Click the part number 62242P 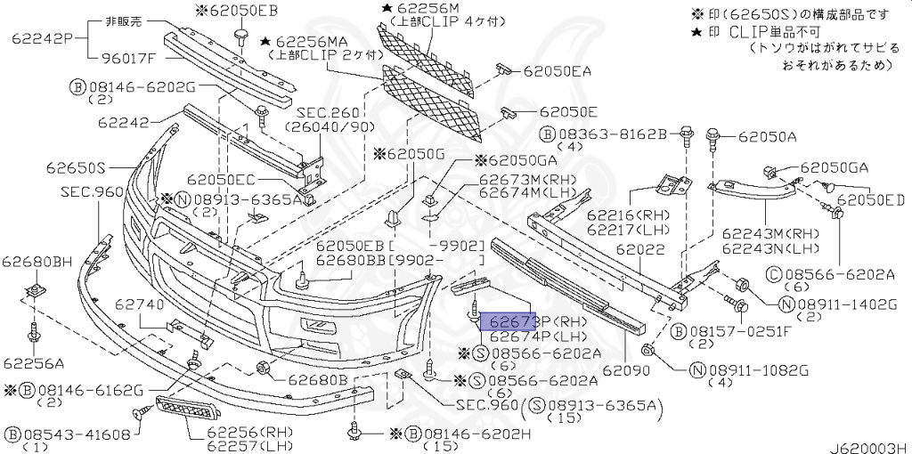[x=41, y=39]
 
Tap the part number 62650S [x=77, y=166]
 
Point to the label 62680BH [x=37, y=262]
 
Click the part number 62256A [x=33, y=362]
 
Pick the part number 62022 [x=639, y=250]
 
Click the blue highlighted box [x=509, y=320]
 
